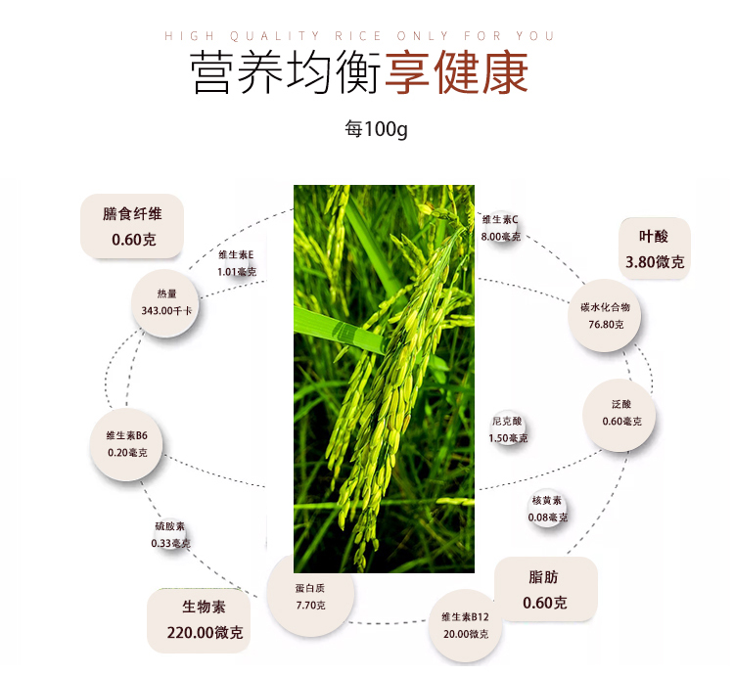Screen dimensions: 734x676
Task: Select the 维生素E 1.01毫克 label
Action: [x=236, y=264]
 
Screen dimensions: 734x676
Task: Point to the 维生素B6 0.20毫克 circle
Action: [x=127, y=444]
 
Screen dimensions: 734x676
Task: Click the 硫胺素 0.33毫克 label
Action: [x=171, y=534]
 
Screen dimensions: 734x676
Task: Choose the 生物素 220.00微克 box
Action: [x=199, y=620]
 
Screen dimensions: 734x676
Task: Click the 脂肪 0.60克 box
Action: [x=545, y=590]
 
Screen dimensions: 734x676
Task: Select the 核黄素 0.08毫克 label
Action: [x=547, y=509]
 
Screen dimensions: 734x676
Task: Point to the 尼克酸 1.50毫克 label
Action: [x=508, y=429]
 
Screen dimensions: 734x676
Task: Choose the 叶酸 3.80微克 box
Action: [x=655, y=249]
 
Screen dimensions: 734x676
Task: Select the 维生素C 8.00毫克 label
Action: [x=500, y=227]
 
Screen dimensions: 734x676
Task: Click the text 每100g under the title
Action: [x=376, y=129]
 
